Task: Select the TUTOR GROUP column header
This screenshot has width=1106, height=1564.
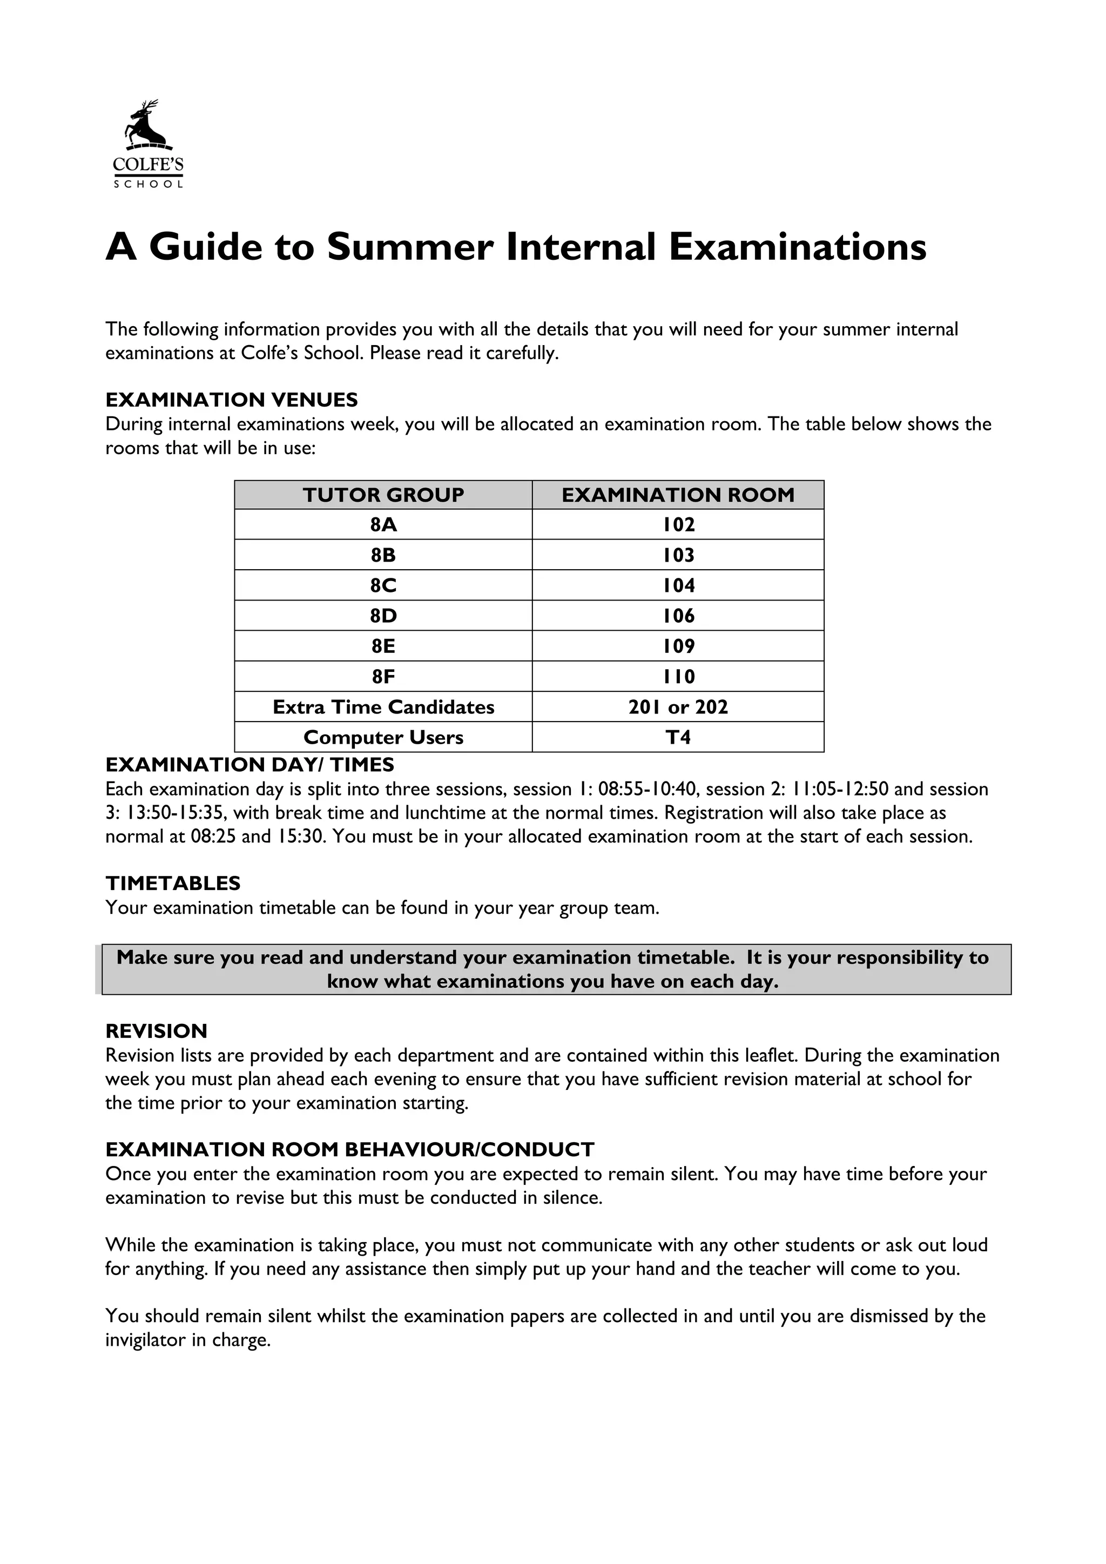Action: click(383, 495)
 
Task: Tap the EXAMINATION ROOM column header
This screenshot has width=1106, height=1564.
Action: click(678, 495)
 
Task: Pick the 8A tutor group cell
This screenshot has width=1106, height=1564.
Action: click(383, 525)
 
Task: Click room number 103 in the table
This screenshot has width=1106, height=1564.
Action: click(678, 555)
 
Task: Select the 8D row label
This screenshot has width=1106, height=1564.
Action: click(383, 616)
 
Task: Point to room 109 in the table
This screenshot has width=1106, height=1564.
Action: click(678, 646)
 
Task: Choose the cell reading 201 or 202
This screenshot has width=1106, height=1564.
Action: click(678, 707)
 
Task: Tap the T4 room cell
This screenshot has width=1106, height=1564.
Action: click(678, 738)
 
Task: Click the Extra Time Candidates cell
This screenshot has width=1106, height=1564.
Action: click(383, 707)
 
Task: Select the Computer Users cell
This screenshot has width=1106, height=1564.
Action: click(383, 738)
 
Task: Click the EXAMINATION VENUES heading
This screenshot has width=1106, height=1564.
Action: click(232, 400)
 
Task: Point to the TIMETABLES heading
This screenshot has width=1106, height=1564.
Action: click(173, 884)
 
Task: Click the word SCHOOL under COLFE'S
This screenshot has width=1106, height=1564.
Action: click(149, 185)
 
